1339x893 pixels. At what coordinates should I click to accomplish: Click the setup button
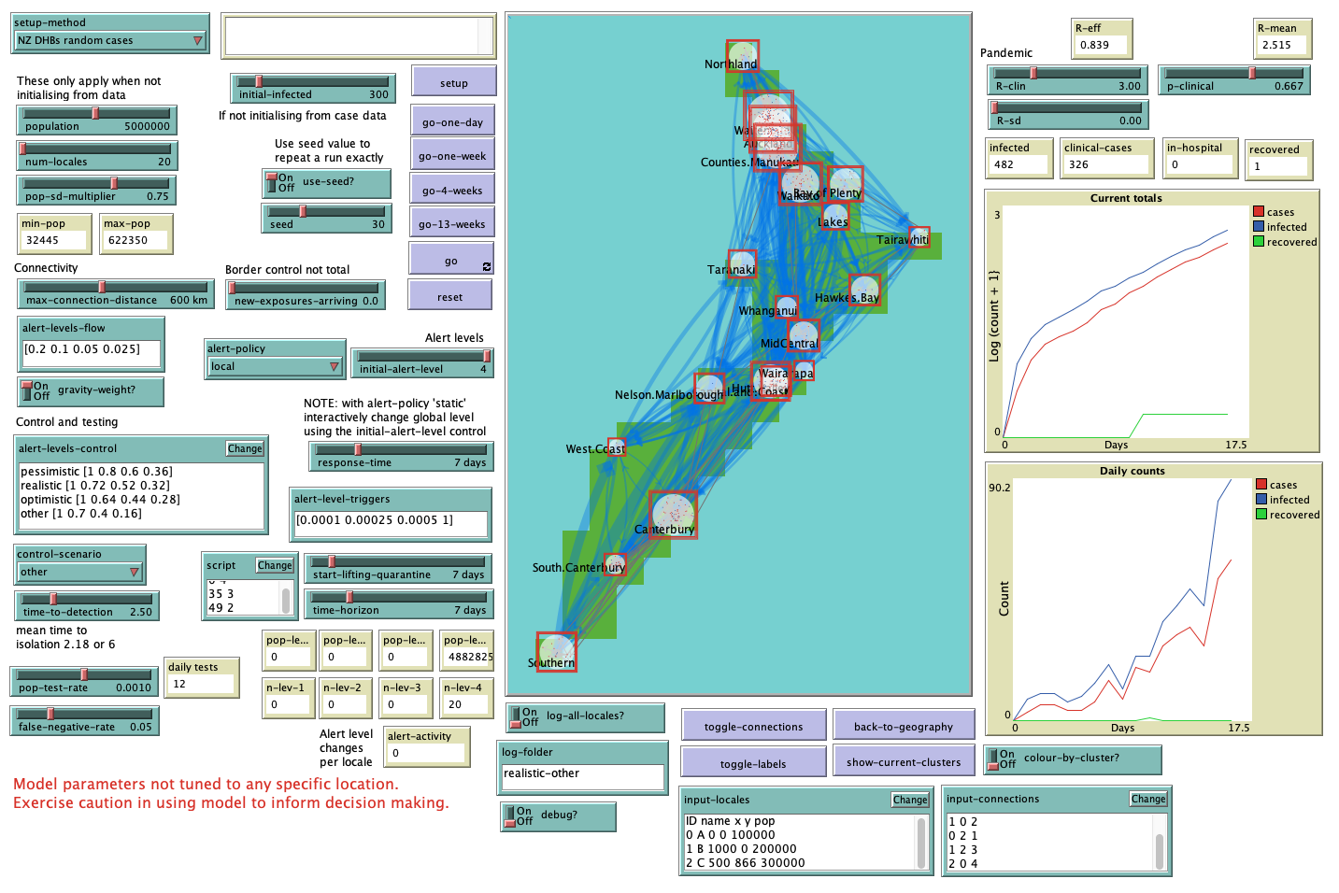click(453, 83)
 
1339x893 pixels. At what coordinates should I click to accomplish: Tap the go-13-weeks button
click(451, 224)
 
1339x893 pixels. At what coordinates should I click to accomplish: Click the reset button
click(449, 297)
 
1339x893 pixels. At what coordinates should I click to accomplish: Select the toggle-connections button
click(753, 727)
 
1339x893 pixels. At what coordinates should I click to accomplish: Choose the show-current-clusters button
click(903, 762)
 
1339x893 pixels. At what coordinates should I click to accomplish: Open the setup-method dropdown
click(110, 40)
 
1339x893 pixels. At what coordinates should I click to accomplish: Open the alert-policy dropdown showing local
click(275, 366)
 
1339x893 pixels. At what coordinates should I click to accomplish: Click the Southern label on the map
click(551, 663)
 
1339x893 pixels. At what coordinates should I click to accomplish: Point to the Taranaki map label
click(731, 270)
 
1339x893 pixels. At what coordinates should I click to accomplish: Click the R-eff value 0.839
click(1099, 45)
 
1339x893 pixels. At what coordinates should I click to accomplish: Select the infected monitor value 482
click(1017, 164)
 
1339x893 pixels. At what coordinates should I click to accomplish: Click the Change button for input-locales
click(909, 800)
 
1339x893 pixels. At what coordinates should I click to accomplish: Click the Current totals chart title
click(1126, 198)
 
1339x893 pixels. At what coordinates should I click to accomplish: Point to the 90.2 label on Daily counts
click(999, 488)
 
